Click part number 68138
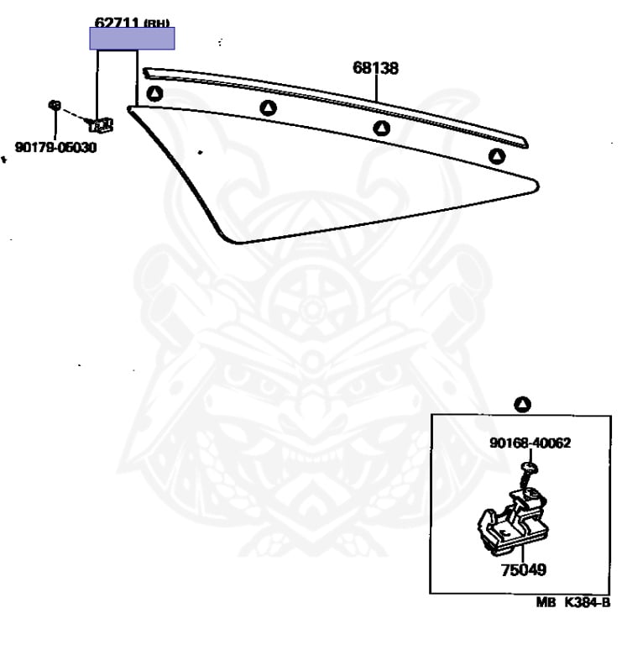374,69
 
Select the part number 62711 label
116,23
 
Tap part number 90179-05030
55,148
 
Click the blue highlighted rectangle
133,39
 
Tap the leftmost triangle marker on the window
154,93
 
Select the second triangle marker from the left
268,107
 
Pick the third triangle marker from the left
382,128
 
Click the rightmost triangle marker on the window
497,155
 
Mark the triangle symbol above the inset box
522,404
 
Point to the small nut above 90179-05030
54,106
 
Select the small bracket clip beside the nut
102,125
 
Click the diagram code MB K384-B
574,602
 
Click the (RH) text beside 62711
156,24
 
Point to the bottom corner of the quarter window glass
239,243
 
